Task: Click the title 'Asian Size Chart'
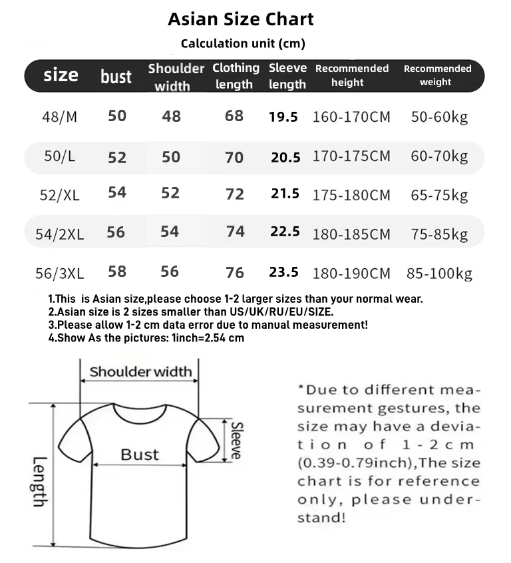tap(241, 19)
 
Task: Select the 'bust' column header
tap(116, 77)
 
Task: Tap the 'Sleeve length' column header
tap(287, 76)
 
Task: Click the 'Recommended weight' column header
tap(436, 75)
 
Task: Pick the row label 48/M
tap(59, 116)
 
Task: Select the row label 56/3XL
tap(59, 273)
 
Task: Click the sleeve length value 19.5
tap(283, 117)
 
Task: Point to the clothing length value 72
tap(235, 194)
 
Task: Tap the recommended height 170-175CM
tap(351, 157)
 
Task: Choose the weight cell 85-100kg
tap(439, 274)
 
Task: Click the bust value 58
tap(116, 272)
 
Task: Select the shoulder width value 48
tap(171, 116)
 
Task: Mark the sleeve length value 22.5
tap(285, 232)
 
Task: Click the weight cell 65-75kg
tap(439, 196)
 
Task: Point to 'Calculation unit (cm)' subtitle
tap(243, 44)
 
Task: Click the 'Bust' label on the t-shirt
tap(140, 455)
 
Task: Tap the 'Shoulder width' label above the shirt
tap(140, 371)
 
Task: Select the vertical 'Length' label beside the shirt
tap(39, 481)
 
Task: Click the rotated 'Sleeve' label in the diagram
tap(236, 441)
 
